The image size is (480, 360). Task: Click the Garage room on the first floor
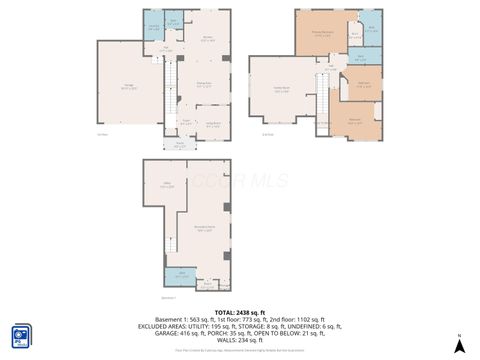coord(129,88)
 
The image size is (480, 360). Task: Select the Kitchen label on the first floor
coord(209,39)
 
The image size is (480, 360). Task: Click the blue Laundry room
coord(153,27)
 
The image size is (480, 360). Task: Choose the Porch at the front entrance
coord(180,144)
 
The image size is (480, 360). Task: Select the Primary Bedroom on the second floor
coord(322,34)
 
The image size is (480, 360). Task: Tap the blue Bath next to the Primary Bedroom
coord(371,30)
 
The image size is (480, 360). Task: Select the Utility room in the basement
coord(165,186)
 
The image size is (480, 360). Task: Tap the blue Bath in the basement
coord(182,276)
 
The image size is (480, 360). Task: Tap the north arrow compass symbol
coord(457,345)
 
